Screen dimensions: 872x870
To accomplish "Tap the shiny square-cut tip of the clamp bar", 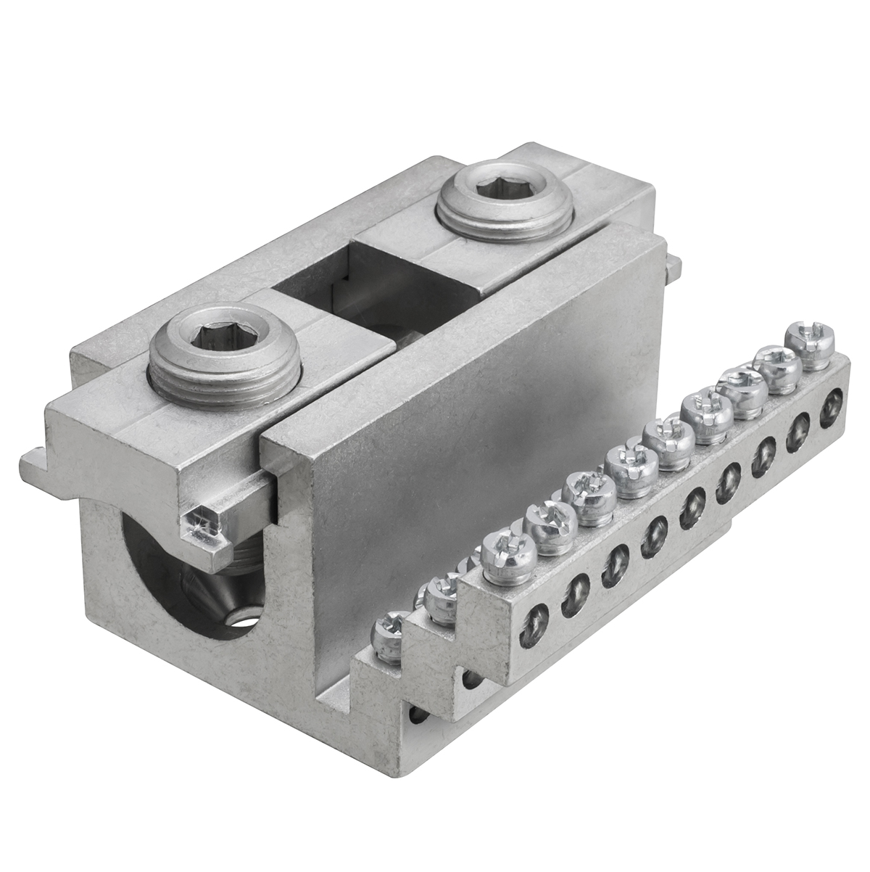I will tap(202, 520).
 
